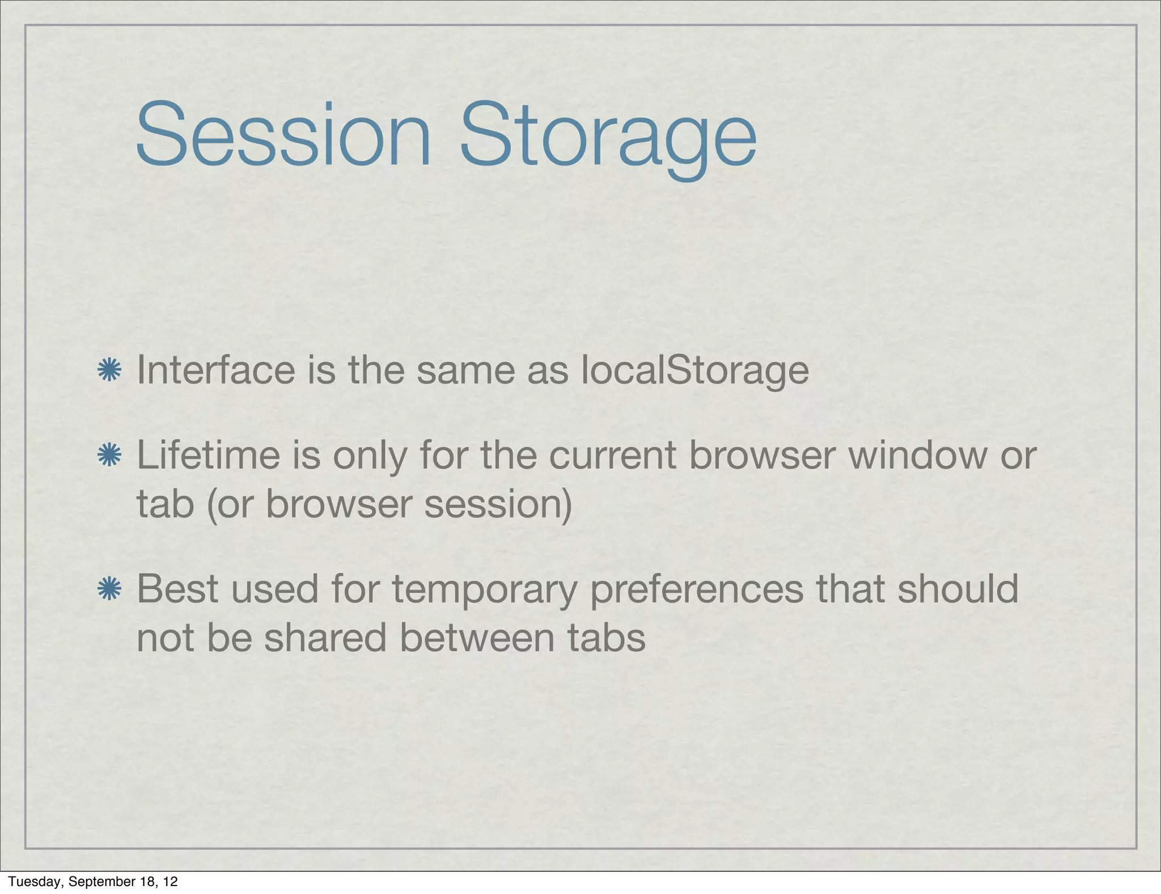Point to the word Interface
(x=216, y=370)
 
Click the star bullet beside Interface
(x=109, y=370)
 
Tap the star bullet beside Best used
(x=109, y=589)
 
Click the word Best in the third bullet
(x=177, y=589)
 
